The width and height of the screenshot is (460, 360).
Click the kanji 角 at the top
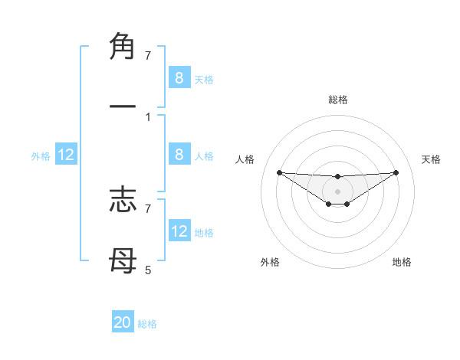[123, 47]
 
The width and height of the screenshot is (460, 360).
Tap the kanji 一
[123, 107]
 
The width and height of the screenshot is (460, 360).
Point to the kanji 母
[123, 261]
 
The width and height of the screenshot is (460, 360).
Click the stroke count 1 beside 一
[148, 116]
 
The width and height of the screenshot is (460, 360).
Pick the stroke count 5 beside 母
[148, 270]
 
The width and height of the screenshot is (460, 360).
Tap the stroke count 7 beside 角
[148, 55]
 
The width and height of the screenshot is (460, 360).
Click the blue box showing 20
[123, 322]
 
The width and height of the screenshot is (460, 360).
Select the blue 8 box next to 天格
[179, 77]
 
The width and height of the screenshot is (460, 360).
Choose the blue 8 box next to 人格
[179, 155]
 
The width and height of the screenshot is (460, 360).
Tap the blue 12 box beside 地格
[179, 231]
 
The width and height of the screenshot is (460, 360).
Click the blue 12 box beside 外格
[66, 155]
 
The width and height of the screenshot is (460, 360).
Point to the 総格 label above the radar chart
[338, 100]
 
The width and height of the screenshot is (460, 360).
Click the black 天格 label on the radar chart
[432, 159]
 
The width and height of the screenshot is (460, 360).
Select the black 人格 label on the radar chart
[245, 159]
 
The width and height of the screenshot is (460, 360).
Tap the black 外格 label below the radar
[270, 262]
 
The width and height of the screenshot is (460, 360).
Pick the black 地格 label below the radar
[402, 262]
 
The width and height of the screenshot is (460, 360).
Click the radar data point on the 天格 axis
[396, 172]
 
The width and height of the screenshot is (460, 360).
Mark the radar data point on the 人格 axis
[280, 172]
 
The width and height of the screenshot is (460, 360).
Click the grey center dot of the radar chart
[338, 191]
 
